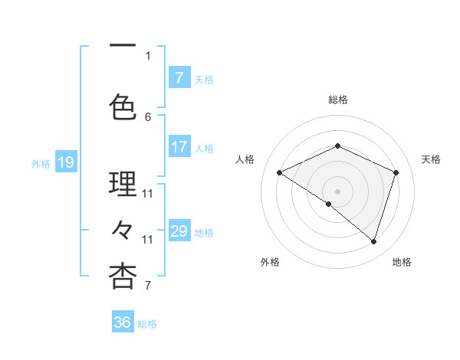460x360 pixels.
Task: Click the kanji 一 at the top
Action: click(x=123, y=45)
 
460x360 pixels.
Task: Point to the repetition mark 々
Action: click(x=123, y=229)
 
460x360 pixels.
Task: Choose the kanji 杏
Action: click(x=123, y=276)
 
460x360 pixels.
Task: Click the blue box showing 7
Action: click(x=179, y=78)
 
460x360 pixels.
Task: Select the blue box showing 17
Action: click(x=179, y=147)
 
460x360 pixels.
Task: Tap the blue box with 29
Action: click(x=179, y=231)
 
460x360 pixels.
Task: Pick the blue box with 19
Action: click(x=65, y=162)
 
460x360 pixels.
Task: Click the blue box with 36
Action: click(x=123, y=322)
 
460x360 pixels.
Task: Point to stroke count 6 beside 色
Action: click(x=148, y=116)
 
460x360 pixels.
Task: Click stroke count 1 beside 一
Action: click(x=148, y=55)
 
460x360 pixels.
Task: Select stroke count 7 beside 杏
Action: click(x=148, y=286)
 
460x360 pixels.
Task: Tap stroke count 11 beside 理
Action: click(x=148, y=193)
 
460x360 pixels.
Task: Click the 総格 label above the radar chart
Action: click(x=338, y=100)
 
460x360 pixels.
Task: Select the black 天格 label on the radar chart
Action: click(x=431, y=159)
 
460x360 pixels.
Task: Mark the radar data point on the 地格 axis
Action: click(x=374, y=241)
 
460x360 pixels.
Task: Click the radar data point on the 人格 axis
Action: click(x=280, y=173)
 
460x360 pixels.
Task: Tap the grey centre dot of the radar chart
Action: click(x=338, y=191)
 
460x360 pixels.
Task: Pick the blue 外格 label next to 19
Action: click(x=41, y=163)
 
